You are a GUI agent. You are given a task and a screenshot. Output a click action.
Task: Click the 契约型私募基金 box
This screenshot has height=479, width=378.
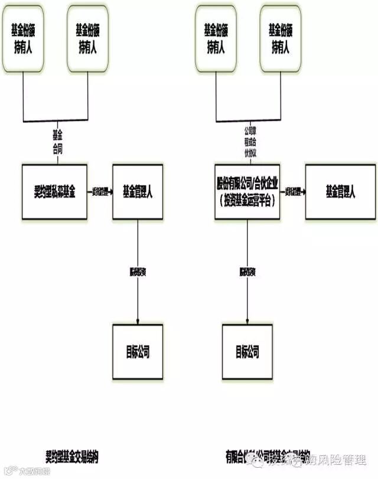pos(54,192)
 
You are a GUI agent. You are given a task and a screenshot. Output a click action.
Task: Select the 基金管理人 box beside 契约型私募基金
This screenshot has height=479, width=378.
pos(138,192)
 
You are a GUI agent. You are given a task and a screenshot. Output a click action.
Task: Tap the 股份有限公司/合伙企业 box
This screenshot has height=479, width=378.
pos(247,192)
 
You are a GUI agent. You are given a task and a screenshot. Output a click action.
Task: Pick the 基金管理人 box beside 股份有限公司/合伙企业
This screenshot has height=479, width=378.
pos(340,192)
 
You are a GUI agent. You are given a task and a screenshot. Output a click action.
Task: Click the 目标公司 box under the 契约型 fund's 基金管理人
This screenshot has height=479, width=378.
pos(138,352)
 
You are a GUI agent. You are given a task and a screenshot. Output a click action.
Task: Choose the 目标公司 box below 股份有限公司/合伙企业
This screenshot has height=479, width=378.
pos(247,352)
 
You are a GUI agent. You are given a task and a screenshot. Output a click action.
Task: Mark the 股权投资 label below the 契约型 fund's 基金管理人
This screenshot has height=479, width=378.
pos(138,272)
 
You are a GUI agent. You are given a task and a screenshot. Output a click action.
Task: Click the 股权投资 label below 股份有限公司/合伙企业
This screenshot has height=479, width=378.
pos(247,272)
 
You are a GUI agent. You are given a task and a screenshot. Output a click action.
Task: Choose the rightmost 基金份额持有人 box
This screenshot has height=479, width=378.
pos(281,39)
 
